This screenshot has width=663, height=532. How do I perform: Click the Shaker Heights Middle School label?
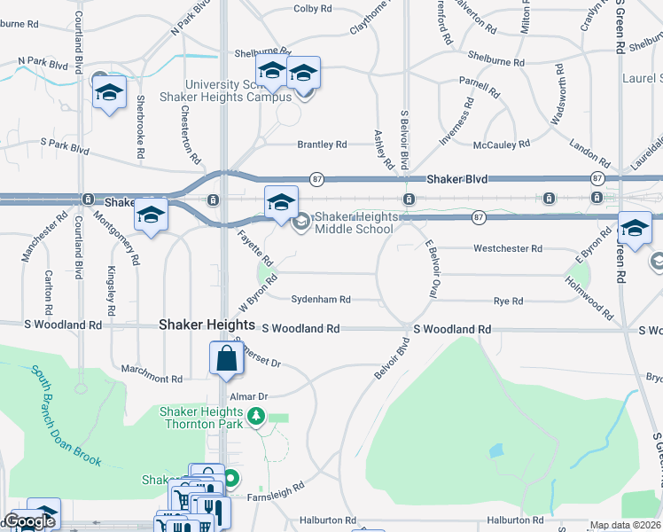(354, 223)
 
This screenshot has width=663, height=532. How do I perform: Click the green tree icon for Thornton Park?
(256, 415)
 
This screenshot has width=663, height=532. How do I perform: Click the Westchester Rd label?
(508, 249)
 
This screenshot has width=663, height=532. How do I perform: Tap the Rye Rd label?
(508, 301)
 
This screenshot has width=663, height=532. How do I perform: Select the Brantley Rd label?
(322, 144)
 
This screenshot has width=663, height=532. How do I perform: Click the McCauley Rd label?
(502, 143)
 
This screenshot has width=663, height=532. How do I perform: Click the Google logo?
(29, 521)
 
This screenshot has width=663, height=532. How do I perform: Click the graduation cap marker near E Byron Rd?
(634, 229)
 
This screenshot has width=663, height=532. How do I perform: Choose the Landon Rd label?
(589, 153)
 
